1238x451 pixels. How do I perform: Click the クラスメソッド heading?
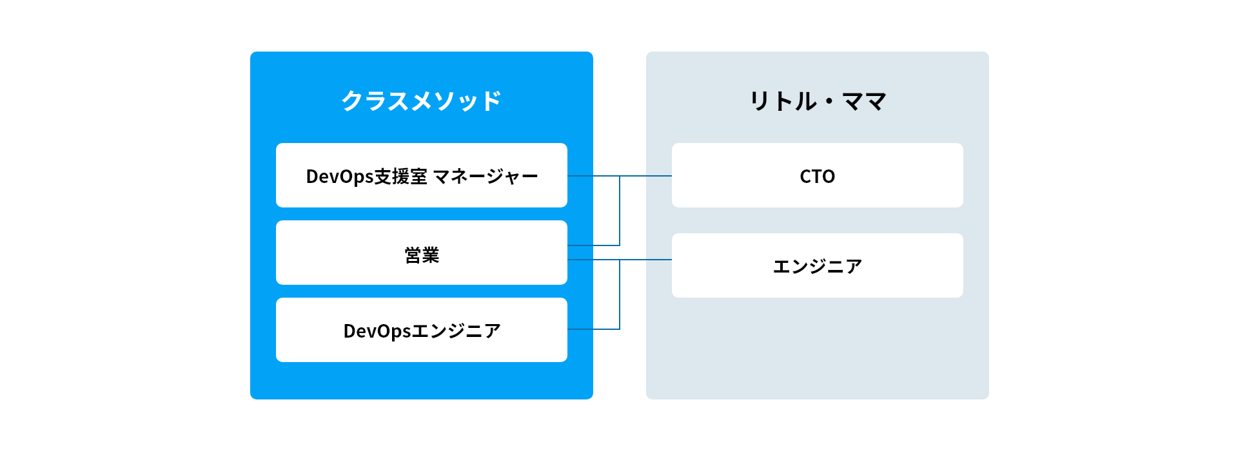coord(421,101)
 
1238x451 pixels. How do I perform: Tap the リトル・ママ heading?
coord(817,101)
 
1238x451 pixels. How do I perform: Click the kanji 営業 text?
coord(422,255)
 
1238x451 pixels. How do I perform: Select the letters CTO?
coord(817,177)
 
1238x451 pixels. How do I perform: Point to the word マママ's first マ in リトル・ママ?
coord(852,101)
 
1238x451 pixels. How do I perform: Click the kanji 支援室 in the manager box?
coord(400,177)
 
